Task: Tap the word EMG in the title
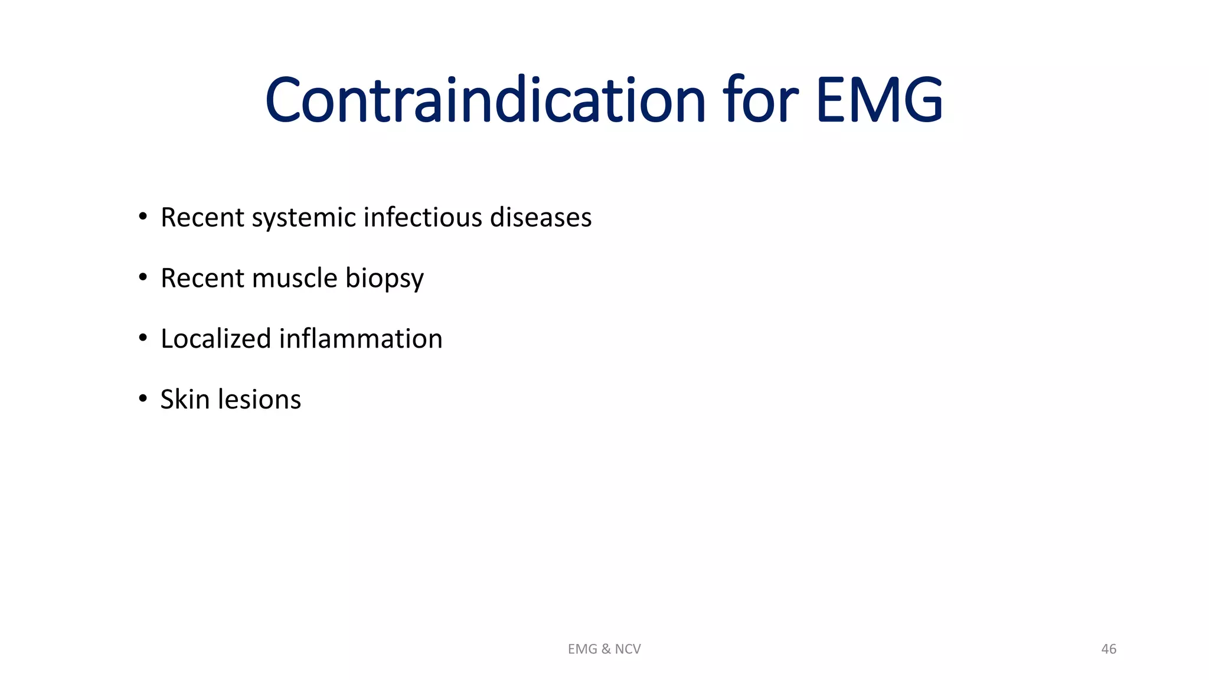(x=879, y=100)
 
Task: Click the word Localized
(x=215, y=339)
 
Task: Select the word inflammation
(x=360, y=339)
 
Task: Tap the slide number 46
(x=1108, y=649)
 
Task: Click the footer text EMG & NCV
(x=604, y=649)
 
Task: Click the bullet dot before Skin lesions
(x=143, y=399)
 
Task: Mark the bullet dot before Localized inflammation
(x=143, y=338)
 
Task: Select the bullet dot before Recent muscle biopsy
(x=143, y=277)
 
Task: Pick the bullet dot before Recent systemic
(x=143, y=217)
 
